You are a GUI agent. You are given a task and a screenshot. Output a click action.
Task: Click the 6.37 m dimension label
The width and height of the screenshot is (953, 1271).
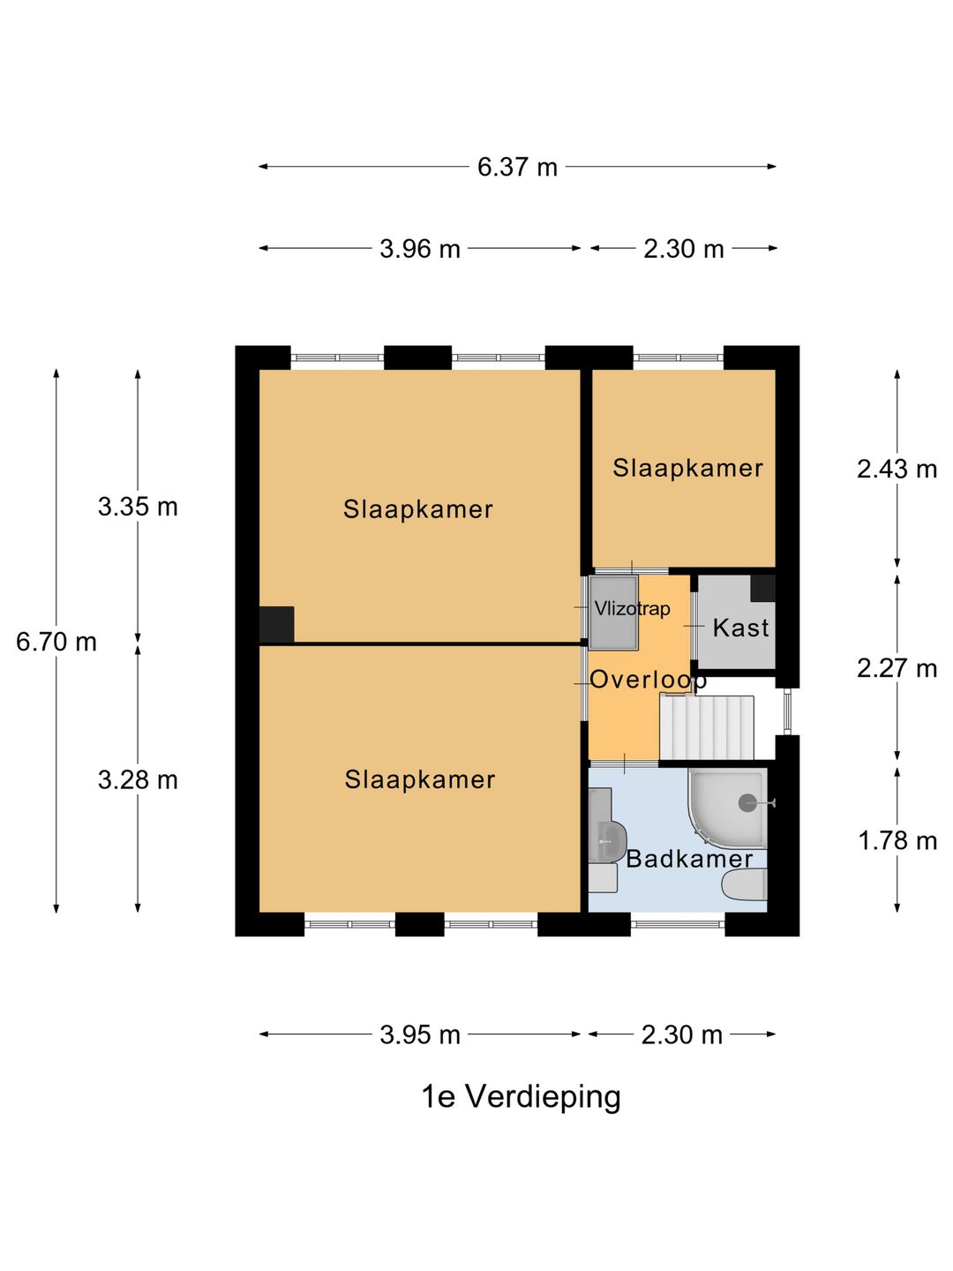(x=517, y=168)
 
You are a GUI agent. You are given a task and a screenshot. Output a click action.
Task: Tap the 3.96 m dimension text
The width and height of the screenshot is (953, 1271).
(x=419, y=249)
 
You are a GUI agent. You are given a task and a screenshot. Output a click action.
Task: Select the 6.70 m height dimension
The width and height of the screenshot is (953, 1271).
(x=56, y=643)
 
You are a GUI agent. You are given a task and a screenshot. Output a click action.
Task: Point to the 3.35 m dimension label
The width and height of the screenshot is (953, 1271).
(x=138, y=507)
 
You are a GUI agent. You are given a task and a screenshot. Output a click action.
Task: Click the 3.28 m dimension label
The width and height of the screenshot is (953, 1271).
(x=138, y=780)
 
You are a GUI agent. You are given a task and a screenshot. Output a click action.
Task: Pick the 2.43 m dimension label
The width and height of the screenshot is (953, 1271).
(x=897, y=469)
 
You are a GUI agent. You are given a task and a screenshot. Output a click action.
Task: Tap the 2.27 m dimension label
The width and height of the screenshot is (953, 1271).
(x=897, y=668)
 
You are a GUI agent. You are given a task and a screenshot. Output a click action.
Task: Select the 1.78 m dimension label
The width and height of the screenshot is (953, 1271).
(x=897, y=840)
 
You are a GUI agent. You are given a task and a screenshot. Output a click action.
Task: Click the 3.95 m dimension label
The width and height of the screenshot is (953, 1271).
(x=419, y=1034)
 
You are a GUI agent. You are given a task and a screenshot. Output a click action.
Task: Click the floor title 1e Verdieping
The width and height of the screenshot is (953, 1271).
(x=522, y=1097)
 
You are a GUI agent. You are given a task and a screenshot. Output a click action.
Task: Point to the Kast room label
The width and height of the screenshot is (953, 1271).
(x=740, y=628)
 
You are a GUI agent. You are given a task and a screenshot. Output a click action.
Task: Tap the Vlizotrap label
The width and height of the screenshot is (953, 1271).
(x=633, y=608)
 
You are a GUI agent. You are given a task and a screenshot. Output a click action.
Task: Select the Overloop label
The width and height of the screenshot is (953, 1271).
(x=648, y=680)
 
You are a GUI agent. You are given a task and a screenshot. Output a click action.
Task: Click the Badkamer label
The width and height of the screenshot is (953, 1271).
(x=689, y=859)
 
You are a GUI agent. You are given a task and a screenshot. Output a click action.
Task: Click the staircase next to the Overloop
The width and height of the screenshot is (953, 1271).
(x=707, y=727)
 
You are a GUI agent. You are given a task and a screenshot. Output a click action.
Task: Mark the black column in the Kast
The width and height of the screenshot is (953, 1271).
(x=762, y=589)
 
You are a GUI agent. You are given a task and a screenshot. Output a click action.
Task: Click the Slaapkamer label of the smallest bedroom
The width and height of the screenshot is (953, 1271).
(x=688, y=468)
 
